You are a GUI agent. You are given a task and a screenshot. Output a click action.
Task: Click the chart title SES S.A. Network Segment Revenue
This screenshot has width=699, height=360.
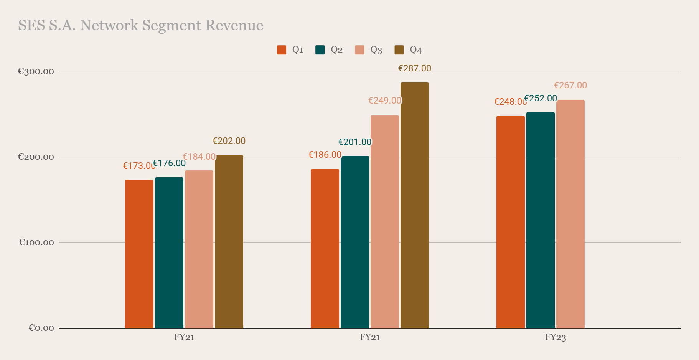[x=141, y=25]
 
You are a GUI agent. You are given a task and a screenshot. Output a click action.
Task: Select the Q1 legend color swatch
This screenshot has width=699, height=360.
[x=282, y=50]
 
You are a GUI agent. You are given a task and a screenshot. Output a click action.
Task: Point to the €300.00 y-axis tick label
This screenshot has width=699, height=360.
[x=36, y=71]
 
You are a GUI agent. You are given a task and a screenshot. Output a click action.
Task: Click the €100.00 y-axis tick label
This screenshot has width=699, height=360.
[x=36, y=242]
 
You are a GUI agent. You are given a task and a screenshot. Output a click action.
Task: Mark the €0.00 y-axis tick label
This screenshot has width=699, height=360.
[x=41, y=328]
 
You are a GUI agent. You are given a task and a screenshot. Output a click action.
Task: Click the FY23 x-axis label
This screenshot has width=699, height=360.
[x=556, y=337]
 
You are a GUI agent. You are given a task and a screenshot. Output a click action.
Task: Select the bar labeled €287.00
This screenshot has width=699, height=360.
[x=415, y=205]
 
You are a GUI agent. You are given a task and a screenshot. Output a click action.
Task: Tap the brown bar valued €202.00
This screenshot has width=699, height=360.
[x=229, y=241]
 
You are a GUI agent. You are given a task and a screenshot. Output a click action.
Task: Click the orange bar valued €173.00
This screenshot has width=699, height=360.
[x=139, y=254]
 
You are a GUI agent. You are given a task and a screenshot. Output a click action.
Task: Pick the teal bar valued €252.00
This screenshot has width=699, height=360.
[x=541, y=220]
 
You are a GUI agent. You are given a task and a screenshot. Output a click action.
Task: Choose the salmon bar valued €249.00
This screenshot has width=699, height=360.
[x=385, y=221]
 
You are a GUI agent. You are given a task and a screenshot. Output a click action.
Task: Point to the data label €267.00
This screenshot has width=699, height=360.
[x=570, y=85]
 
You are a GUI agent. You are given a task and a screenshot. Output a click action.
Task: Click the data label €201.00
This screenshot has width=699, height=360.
[x=355, y=142]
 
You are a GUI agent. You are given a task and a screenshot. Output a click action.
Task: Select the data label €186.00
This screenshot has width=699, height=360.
[x=325, y=155]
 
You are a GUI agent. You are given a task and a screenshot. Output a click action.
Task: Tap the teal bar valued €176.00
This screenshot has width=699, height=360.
[x=169, y=253]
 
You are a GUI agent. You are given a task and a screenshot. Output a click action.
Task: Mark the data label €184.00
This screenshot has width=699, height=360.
[x=199, y=157]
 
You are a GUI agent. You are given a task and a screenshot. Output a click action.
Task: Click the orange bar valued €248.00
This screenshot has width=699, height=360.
[x=511, y=222]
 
